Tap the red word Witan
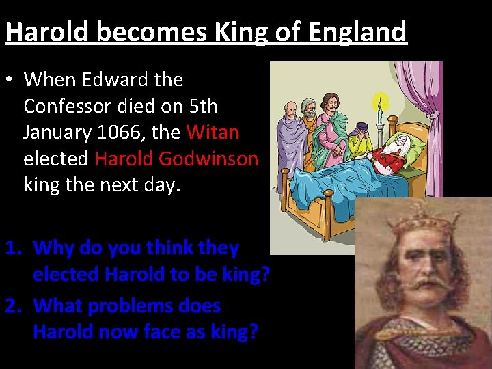213,132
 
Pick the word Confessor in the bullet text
74,106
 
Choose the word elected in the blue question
66,274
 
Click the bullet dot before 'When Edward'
10,80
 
